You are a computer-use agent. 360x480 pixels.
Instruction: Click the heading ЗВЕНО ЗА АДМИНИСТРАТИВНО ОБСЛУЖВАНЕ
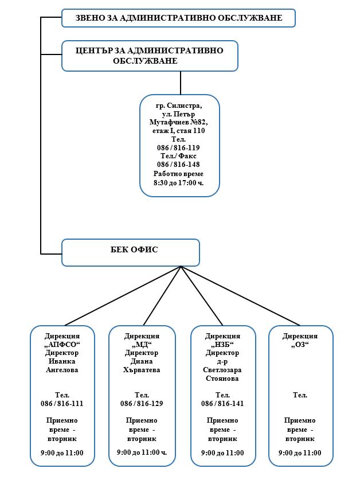[x=179, y=18]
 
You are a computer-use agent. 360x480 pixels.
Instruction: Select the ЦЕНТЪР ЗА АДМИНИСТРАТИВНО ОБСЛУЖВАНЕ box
[x=150, y=56]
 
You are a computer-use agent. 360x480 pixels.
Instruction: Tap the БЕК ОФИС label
[x=134, y=249]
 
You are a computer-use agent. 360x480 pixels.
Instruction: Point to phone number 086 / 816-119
[x=178, y=148]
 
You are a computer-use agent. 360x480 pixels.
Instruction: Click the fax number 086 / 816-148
[x=178, y=165]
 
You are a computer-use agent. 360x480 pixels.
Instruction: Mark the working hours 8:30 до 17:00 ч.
[x=178, y=183]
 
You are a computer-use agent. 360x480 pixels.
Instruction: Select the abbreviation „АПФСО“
[x=62, y=345]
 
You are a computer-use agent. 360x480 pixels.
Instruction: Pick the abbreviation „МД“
[x=142, y=345]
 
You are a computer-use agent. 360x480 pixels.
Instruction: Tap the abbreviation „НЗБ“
[x=222, y=345]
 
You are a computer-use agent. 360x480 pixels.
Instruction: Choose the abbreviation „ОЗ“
[x=300, y=345]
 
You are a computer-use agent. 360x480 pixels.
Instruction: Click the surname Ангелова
[x=62, y=370]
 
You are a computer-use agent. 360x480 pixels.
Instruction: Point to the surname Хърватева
[x=142, y=370]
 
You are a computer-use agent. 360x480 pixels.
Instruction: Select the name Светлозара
[x=222, y=370]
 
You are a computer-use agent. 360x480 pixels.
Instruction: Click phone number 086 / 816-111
[x=62, y=404]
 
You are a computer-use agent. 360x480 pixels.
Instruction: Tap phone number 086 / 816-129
[x=142, y=404]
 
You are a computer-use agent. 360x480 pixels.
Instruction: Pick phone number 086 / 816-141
[x=222, y=404]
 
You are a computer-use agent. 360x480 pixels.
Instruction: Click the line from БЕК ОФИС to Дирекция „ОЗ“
[x=241, y=296]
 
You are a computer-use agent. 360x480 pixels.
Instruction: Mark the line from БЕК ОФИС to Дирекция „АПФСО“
[x=123, y=296]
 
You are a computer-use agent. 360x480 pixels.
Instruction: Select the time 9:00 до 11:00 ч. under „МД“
[x=142, y=452]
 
